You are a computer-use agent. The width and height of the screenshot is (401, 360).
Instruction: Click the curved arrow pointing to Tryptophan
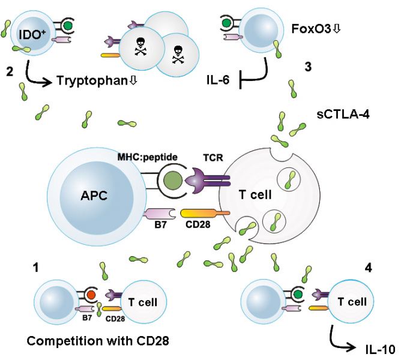(x=33, y=74)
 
